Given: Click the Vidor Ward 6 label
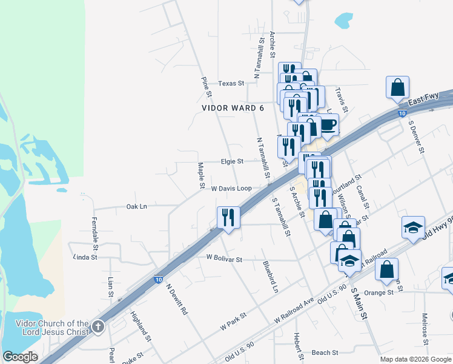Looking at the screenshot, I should click(x=233, y=108).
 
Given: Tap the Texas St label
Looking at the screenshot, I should click(x=231, y=83).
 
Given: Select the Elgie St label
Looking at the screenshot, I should click(x=232, y=161).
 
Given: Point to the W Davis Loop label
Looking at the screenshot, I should click(x=231, y=189).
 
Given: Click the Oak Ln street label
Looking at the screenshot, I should click(x=136, y=206).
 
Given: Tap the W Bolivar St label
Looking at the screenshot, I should click(x=224, y=259).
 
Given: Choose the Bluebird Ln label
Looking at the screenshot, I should click(x=270, y=277).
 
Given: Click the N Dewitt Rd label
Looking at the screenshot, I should click(x=177, y=300).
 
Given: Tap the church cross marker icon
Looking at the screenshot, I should click(x=98, y=328).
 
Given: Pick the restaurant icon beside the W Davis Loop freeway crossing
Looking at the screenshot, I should click(x=228, y=217).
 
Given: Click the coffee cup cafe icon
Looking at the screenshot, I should click(x=327, y=126).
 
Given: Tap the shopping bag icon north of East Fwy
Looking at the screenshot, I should click(x=398, y=87).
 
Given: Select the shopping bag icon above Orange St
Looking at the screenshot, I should click(x=386, y=269).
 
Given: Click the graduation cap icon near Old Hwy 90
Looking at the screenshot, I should click(x=413, y=227).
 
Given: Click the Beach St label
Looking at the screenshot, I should click(x=320, y=352).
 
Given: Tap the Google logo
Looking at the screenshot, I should click(x=20, y=357).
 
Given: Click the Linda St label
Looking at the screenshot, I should click(x=85, y=257).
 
